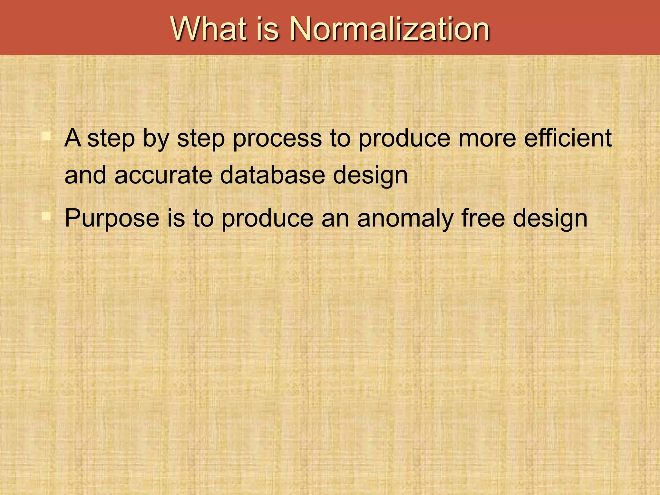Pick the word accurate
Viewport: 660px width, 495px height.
[163, 176]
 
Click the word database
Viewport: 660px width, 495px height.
[272, 176]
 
